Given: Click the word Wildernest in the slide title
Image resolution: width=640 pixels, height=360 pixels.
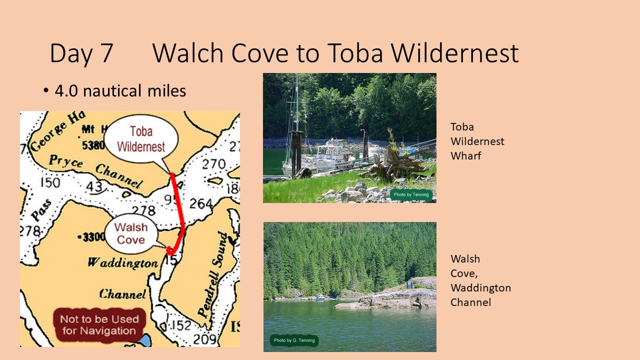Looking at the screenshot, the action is (454, 53).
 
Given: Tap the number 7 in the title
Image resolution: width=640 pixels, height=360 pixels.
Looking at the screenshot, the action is (107, 53).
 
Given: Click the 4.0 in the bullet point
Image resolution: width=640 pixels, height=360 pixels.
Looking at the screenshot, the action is (66, 90).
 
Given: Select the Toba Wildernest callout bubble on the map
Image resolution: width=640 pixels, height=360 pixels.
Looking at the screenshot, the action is (141, 140).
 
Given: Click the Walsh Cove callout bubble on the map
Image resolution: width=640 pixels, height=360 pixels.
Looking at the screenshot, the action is (131, 233).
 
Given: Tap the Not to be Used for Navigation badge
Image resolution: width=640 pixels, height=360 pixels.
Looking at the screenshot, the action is (99, 325).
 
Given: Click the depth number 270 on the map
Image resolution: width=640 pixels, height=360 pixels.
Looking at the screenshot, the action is (213, 164).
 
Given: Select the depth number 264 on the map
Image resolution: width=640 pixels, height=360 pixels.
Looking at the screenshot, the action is (201, 203).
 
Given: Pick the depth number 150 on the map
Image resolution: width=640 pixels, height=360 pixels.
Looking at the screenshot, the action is (50, 183).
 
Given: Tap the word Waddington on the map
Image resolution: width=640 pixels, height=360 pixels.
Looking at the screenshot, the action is (123, 262).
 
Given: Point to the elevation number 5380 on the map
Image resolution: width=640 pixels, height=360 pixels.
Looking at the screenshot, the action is (93, 145).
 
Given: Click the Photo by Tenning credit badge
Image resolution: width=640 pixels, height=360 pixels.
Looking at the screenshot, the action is (411, 194).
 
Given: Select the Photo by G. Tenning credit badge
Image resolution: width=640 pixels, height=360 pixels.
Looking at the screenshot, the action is (294, 340).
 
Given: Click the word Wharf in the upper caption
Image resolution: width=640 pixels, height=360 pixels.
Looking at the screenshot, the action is (465, 156).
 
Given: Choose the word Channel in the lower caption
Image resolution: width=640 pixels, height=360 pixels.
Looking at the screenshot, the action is (470, 302).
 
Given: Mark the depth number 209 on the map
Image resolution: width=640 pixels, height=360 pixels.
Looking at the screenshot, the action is (204, 339).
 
